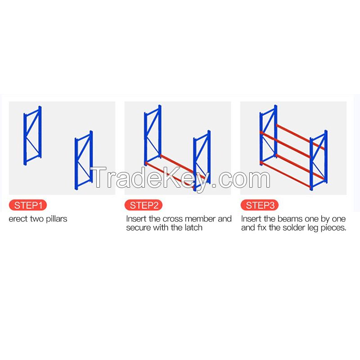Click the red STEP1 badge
pyautogui.click(x=28, y=206)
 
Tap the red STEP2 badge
pyautogui.click(x=144, y=206)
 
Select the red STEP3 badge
pyautogui.click(x=260, y=206)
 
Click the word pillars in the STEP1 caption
pyautogui.click(x=55, y=219)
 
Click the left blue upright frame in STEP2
pyautogui.click(x=153, y=137)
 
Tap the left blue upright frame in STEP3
pyautogui.click(x=268, y=135)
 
